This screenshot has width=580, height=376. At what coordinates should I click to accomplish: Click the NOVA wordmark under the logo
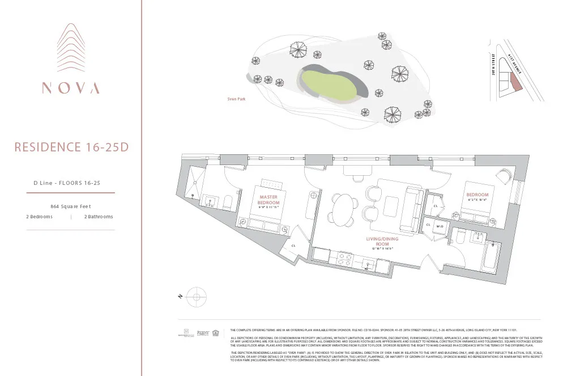71,88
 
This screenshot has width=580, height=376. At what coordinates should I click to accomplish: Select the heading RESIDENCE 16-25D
71,147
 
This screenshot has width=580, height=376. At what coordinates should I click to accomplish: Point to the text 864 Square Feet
71,206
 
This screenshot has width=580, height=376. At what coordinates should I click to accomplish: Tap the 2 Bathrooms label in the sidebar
99,217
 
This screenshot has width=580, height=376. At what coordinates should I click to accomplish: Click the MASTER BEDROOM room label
268,200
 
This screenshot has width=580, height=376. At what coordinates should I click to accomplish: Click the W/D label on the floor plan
439,226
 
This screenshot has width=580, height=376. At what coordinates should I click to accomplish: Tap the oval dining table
342,210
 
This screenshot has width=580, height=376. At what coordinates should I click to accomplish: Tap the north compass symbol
195,297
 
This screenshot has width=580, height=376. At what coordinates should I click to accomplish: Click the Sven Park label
235,99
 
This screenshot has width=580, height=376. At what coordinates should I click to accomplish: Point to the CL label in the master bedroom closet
293,246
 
